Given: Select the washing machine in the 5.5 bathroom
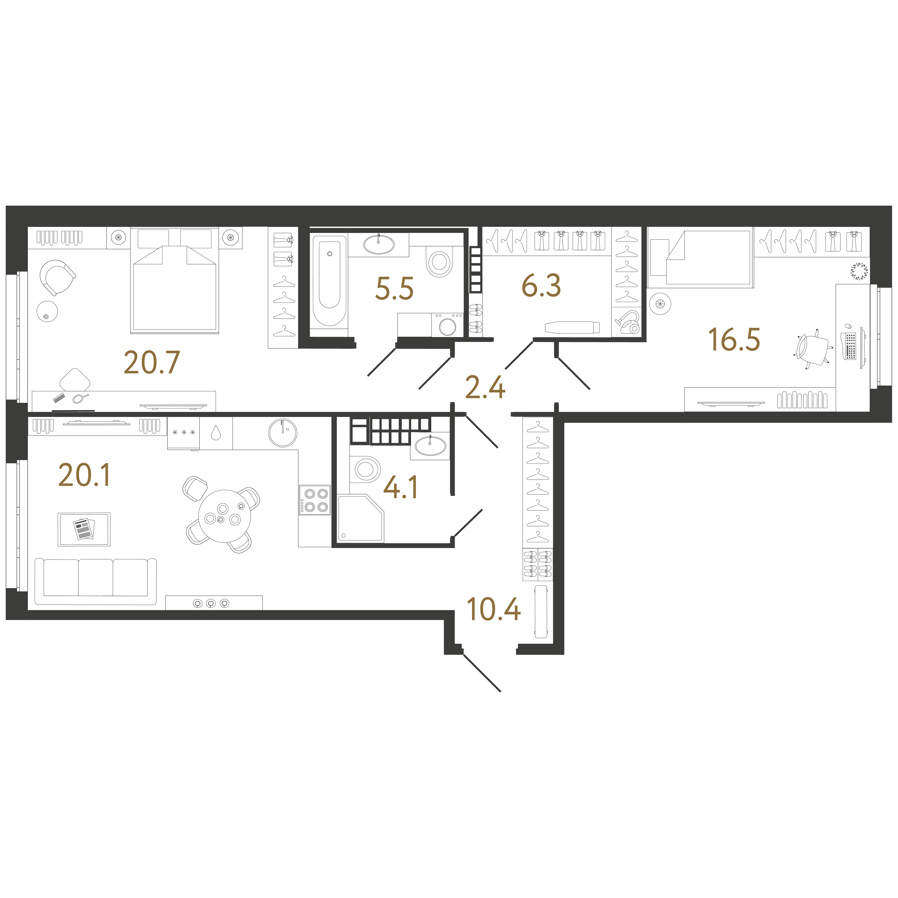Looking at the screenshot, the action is pyautogui.click(x=447, y=324).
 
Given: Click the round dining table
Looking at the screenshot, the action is pyautogui.click(x=224, y=516).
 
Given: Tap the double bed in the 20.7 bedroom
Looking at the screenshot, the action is pyautogui.click(x=174, y=280).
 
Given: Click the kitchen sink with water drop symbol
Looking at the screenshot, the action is pyautogui.click(x=216, y=433).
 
